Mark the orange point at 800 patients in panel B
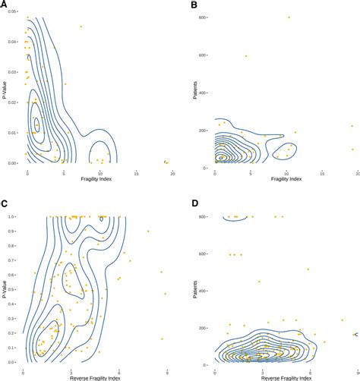click(x=289, y=17)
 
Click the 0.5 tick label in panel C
click(x=17, y=289)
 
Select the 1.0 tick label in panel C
click(x=17, y=216)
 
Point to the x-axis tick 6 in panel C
click(x=118, y=372)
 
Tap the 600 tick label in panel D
click(x=204, y=254)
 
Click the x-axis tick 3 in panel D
click(x=262, y=372)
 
